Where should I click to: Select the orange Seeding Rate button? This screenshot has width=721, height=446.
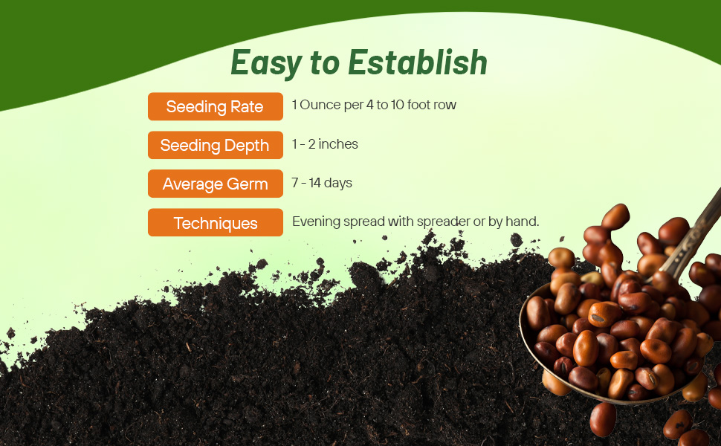[x=215, y=106]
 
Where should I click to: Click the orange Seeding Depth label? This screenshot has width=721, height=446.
[x=215, y=146]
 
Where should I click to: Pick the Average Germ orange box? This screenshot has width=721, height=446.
[x=215, y=184]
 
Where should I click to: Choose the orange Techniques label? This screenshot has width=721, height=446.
[x=215, y=223]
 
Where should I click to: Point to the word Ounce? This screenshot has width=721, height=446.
[x=320, y=105]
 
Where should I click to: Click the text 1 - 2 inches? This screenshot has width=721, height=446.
[x=325, y=144]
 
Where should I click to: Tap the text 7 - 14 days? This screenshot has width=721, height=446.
[x=322, y=183]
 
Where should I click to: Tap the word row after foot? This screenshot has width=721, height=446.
[x=444, y=105]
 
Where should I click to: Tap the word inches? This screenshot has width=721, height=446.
[x=337, y=144]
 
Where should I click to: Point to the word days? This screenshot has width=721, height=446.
[x=337, y=183]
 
